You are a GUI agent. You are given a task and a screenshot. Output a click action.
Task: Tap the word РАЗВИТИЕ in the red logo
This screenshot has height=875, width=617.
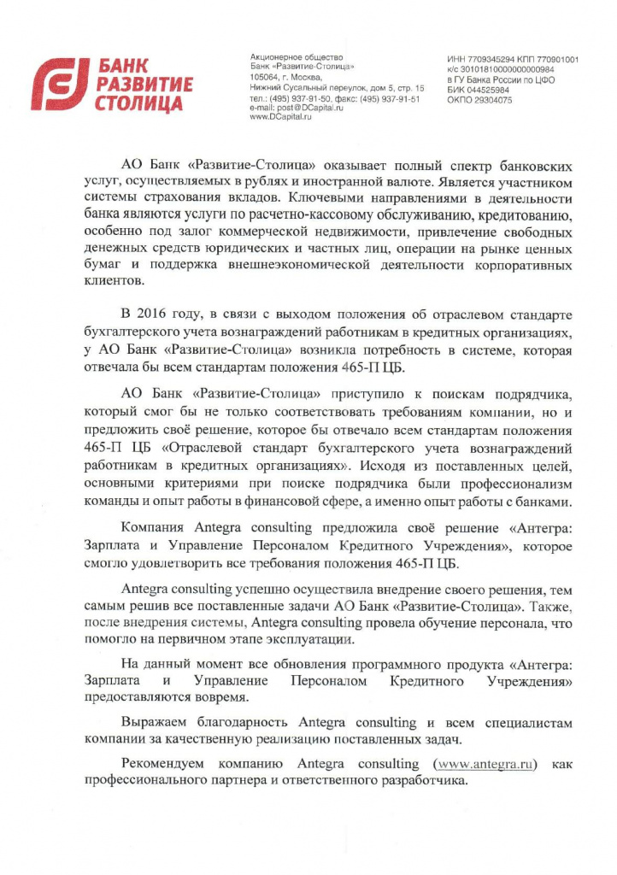[144, 85]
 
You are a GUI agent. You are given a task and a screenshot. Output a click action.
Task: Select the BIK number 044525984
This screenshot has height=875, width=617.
[491, 90]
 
